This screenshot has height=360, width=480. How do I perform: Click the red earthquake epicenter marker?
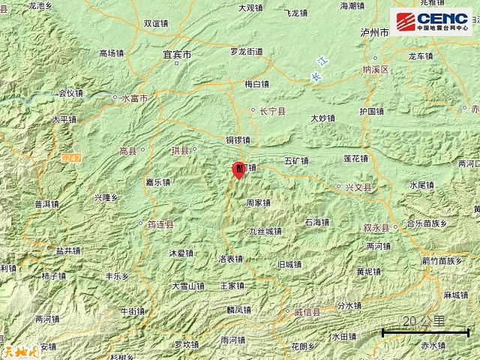click(x=238, y=170)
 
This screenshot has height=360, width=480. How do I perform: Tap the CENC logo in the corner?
click(x=430, y=21)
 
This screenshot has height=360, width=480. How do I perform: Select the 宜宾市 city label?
click(x=177, y=55)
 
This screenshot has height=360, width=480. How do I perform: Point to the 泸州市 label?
click(x=373, y=34)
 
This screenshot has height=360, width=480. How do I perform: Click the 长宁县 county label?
click(x=271, y=112)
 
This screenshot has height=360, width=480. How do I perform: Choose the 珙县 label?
click(x=181, y=151)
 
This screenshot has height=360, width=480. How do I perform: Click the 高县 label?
click(x=128, y=151)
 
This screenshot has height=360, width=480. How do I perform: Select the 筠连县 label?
click(x=160, y=223)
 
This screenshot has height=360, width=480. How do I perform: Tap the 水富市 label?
click(x=135, y=97)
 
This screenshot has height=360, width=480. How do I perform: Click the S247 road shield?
click(x=72, y=157)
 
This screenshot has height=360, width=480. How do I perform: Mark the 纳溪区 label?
click(x=375, y=70)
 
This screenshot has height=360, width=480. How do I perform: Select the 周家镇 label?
click(x=258, y=202)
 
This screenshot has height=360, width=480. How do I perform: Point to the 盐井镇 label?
click(x=67, y=250)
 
